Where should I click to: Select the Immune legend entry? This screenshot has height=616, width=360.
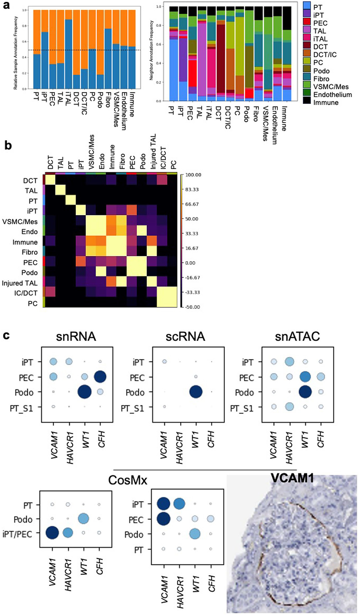(x=326, y=103)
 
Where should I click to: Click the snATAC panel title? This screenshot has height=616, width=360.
(x=297, y=336)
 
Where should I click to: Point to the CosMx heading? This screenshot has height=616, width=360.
(x=128, y=480)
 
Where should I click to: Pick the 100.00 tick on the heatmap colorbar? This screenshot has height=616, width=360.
(x=193, y=175)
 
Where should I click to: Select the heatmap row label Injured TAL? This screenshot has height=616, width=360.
(x=20, y=283)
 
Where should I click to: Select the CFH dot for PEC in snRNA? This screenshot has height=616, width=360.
(x=100, y=377)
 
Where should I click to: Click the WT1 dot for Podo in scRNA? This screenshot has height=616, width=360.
(x=196, y=392)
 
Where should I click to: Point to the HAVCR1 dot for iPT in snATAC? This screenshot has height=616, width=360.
(x=289, y=362)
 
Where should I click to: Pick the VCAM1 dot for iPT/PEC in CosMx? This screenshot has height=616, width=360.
(x=52, y=533)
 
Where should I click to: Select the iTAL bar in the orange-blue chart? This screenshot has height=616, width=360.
(x=68, y=54)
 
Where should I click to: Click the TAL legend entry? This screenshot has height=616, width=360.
(x=319, y=31)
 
